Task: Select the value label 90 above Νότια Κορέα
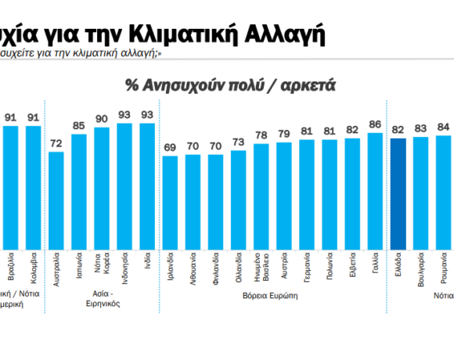pos(102,120)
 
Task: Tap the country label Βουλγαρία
pos(421,271)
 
